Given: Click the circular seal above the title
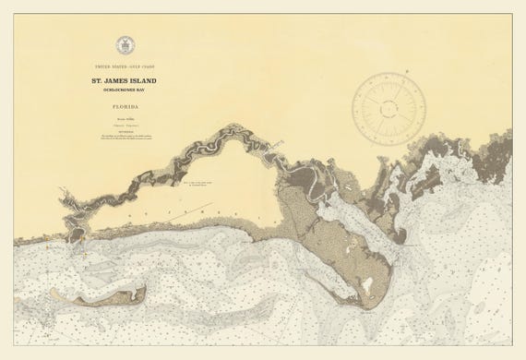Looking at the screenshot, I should pyautogui.click(x=123, y=45).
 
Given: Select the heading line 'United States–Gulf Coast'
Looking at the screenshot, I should pyautogui.click(x=123, y=68).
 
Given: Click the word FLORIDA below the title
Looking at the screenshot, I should pyautogui.click(x=123, y=107).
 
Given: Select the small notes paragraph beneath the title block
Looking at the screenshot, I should pyautogui.click(x=123, y=138).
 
